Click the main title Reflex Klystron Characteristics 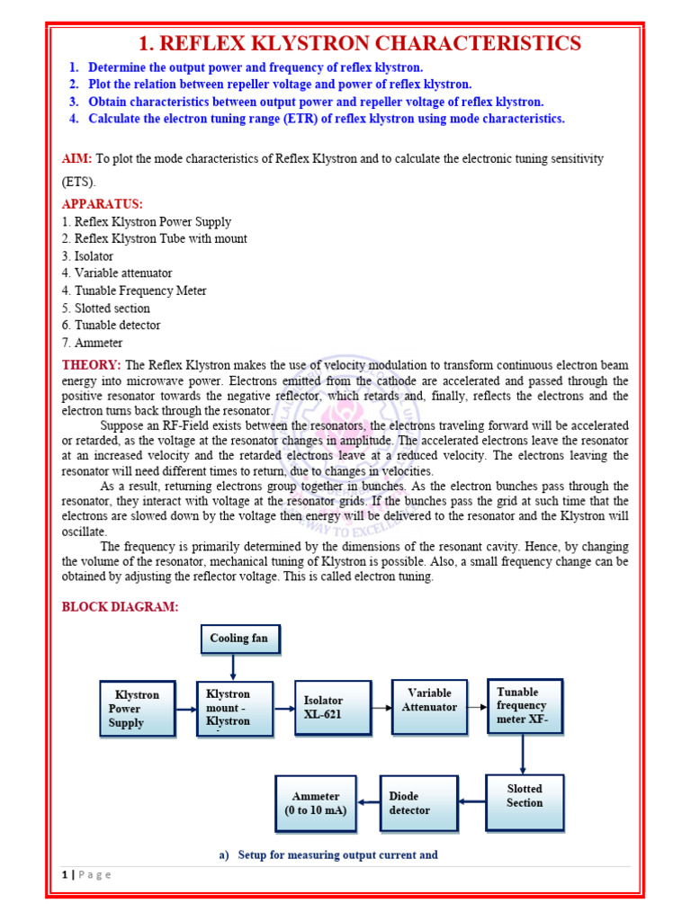tap(358, 43)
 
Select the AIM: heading tap(76, 158)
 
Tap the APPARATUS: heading tap(102, 204)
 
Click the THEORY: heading tap(91, 364)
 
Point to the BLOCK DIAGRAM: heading tap(120, 607)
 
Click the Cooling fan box tap(238, 639)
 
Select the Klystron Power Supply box tap(137, 709)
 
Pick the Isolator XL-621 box tap(333, 708)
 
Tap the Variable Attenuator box tap(429, 706)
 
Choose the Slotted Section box tap(525, 801)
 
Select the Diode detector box tap(418, 802)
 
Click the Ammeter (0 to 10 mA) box tap(315, 803)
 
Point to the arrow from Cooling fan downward tap(233, 666)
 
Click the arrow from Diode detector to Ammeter tap(368, 802)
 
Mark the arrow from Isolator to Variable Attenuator tap(381, 708)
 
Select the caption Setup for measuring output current tap(328, 854)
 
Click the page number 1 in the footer tap(66, 875)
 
